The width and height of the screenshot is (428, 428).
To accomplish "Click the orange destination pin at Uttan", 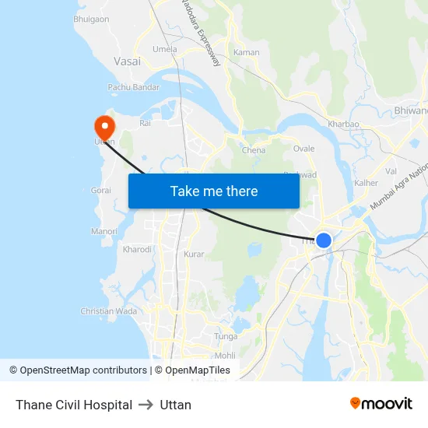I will (x=103, y=126).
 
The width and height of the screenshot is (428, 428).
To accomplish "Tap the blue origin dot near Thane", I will (x=324, y=240).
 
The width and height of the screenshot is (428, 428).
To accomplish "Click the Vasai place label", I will (x=127, y=61).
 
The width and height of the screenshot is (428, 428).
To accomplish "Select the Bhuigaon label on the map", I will (x=91, y=19).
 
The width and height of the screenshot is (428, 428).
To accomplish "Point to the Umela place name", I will (x=165, y=49).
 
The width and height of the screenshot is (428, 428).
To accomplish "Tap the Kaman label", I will (x=247, y=53).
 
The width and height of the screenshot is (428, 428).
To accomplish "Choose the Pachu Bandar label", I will (x=134, y=87).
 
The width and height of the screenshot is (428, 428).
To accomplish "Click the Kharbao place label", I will (x=343, y=124).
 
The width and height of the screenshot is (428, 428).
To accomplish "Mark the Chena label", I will (x=254, y=150).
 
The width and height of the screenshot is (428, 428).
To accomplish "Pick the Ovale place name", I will (x=303, y=148).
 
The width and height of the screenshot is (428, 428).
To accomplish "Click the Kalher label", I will (x=366, y=183).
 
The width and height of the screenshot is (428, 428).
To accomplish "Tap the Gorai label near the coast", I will (x=100, y=190).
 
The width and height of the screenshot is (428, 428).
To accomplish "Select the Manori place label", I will (x=103, y=231).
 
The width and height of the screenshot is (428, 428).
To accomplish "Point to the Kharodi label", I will (x=138, y=250).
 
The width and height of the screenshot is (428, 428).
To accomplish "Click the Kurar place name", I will (x=194, y=254).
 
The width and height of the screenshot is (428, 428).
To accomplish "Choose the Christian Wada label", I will (x=109, y=311).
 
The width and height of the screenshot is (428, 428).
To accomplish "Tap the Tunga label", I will (x=226, y=336).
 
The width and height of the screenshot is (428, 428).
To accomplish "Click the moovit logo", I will (x=381, y=403).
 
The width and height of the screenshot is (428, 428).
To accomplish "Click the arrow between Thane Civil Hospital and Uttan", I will (x=146, y=405).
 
